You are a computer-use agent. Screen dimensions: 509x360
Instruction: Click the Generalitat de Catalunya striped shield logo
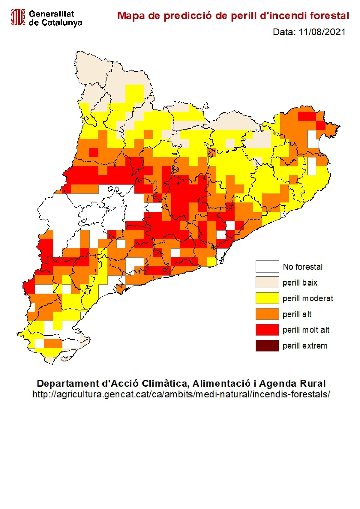(x=18, y=17)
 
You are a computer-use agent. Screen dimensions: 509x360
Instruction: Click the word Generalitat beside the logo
(x=52, y=14)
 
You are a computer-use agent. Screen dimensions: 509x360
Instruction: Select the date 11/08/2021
(x=322, y=32)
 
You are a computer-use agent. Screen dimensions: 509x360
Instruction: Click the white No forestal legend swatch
(x=267, y=267)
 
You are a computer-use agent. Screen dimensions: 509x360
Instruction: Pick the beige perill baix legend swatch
(x=267, y=283)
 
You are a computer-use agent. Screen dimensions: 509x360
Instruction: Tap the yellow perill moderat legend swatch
(x=267, y=298)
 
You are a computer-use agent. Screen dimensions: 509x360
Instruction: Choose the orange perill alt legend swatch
(x=267, y=314)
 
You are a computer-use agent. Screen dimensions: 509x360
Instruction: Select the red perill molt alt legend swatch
(x=267, y=330)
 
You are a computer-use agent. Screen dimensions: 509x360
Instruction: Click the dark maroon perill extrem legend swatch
(x=267, y=346)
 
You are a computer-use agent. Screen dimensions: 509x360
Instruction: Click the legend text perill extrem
(x=305, y=346)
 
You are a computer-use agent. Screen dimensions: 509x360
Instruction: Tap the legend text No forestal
(x=303, y=267)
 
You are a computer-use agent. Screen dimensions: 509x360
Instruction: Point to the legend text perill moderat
(x=308, y=298)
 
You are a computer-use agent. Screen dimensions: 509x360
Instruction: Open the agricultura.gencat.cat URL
(x=181, y=394)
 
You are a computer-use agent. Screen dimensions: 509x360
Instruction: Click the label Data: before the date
(x=284, y=32)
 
